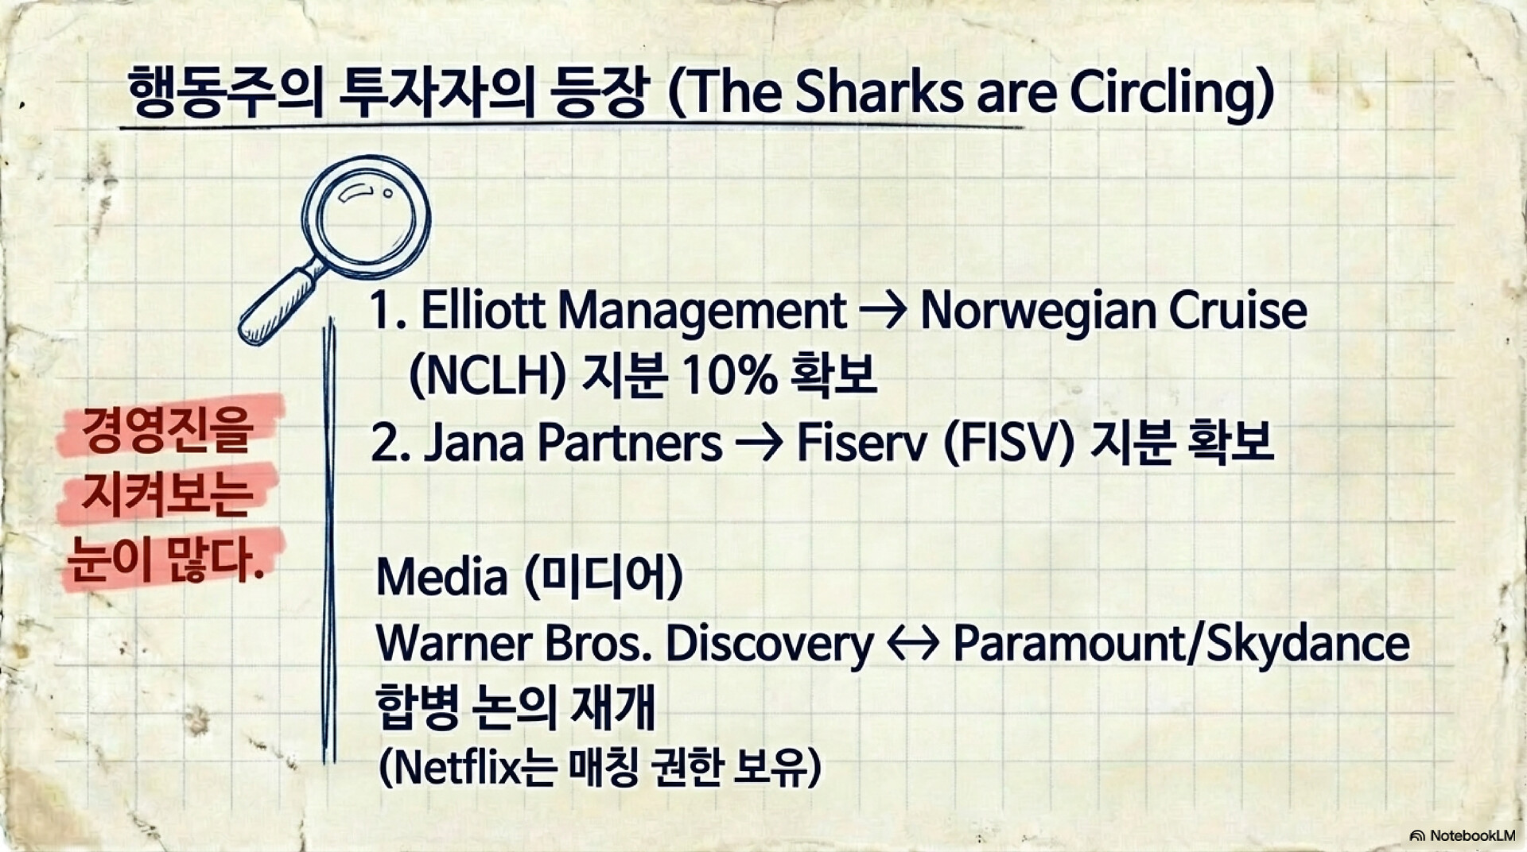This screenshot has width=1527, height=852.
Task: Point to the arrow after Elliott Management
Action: (883, 312)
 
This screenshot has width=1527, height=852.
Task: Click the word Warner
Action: (453, 643)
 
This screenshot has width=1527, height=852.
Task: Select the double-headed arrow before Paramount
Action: (913, 644)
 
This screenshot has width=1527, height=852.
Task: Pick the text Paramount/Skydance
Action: (1181, 644)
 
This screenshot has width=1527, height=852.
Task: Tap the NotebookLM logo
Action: (1463, 835)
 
